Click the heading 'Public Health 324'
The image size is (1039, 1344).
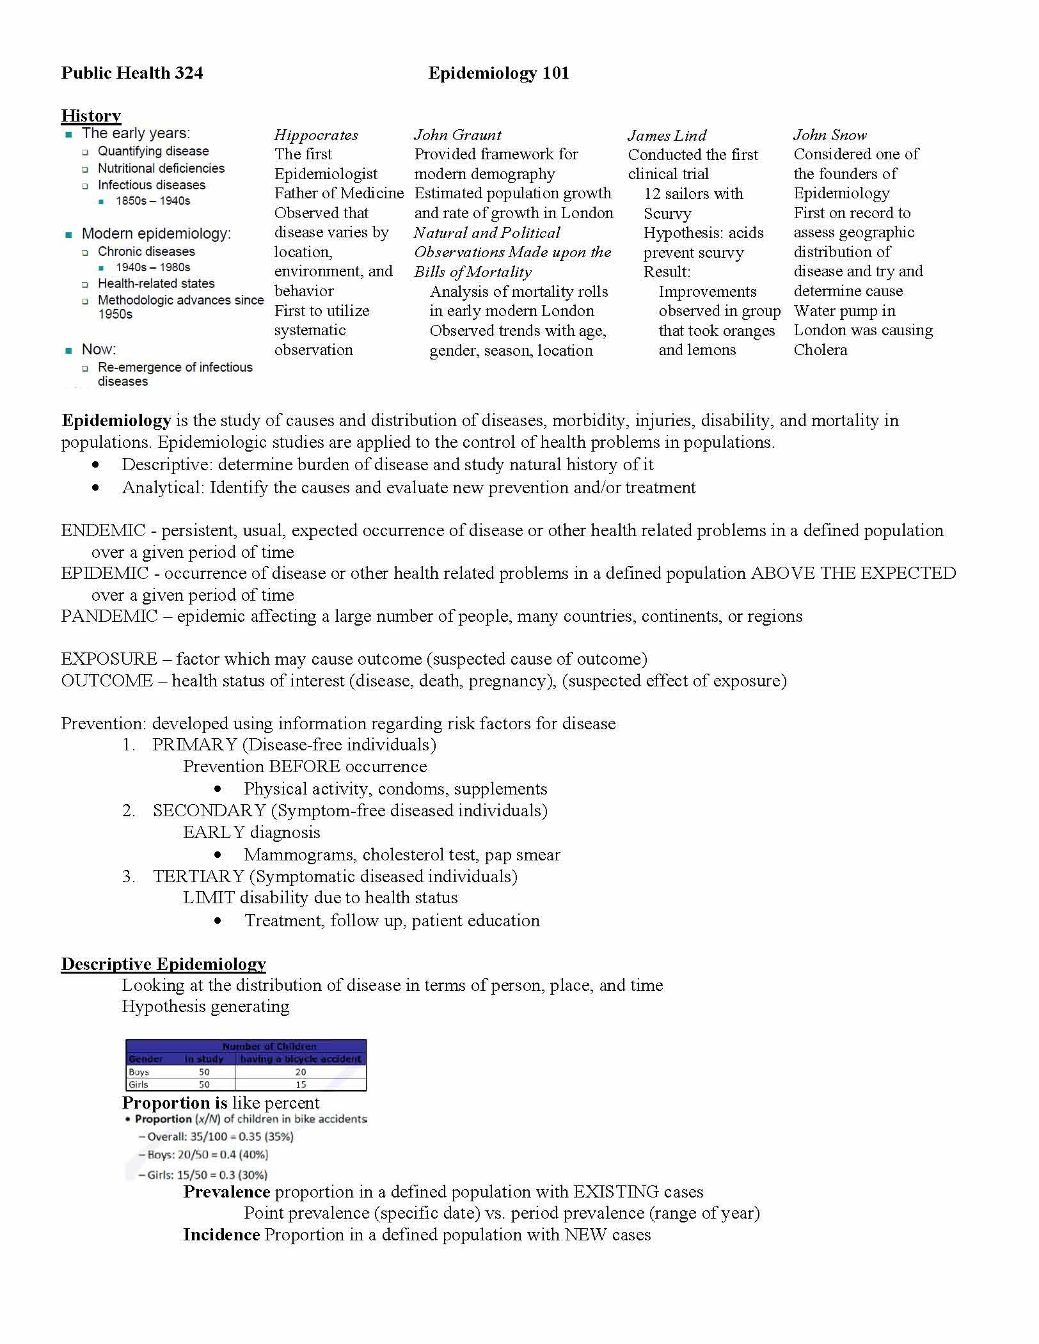click(x=132, y=74)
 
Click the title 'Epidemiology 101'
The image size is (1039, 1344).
click(x=498, y=74)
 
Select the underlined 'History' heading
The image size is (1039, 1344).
click(x=91, y=116)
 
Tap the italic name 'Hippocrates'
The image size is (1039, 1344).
click(x=316, y=135)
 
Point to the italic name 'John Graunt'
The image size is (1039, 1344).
click(x=457, y=135)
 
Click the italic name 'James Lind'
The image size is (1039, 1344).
click(x=667, y=136)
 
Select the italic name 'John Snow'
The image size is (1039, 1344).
click(x=830, y=135)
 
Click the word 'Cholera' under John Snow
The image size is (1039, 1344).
click(x=820, y=350)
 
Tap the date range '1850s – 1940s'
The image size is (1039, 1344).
click(x=153, y=201)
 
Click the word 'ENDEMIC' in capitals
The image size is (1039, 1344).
click(x=103, y=530)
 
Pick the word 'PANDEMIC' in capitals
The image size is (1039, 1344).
click(x=109, y=616)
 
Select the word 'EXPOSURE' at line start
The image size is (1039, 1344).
click(x=109, y=659)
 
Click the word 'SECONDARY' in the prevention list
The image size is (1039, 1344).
click(x=209, y=810)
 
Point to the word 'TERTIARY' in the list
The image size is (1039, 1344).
click(x=199, y=876)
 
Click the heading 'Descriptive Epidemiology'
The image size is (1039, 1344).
click(x=163, y=964)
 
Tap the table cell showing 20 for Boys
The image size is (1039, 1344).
click(x=301, y=1072)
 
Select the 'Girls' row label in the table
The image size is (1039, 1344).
click(x=138, y=1084)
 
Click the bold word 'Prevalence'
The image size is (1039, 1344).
click(x=226, y=1192)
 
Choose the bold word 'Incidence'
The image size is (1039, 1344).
click(x=221, y=1235)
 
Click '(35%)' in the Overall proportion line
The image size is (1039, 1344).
click(x=279, y=1137)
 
